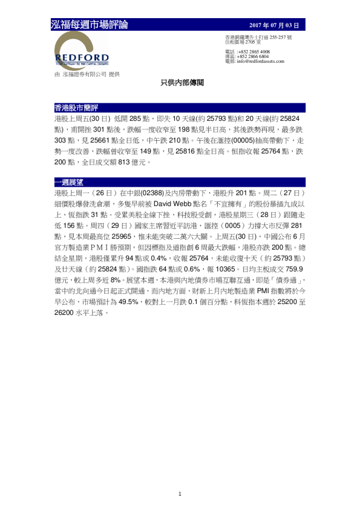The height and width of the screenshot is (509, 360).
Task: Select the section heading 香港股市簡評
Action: point(71,108)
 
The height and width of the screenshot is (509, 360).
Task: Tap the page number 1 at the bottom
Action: point(180,494)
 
